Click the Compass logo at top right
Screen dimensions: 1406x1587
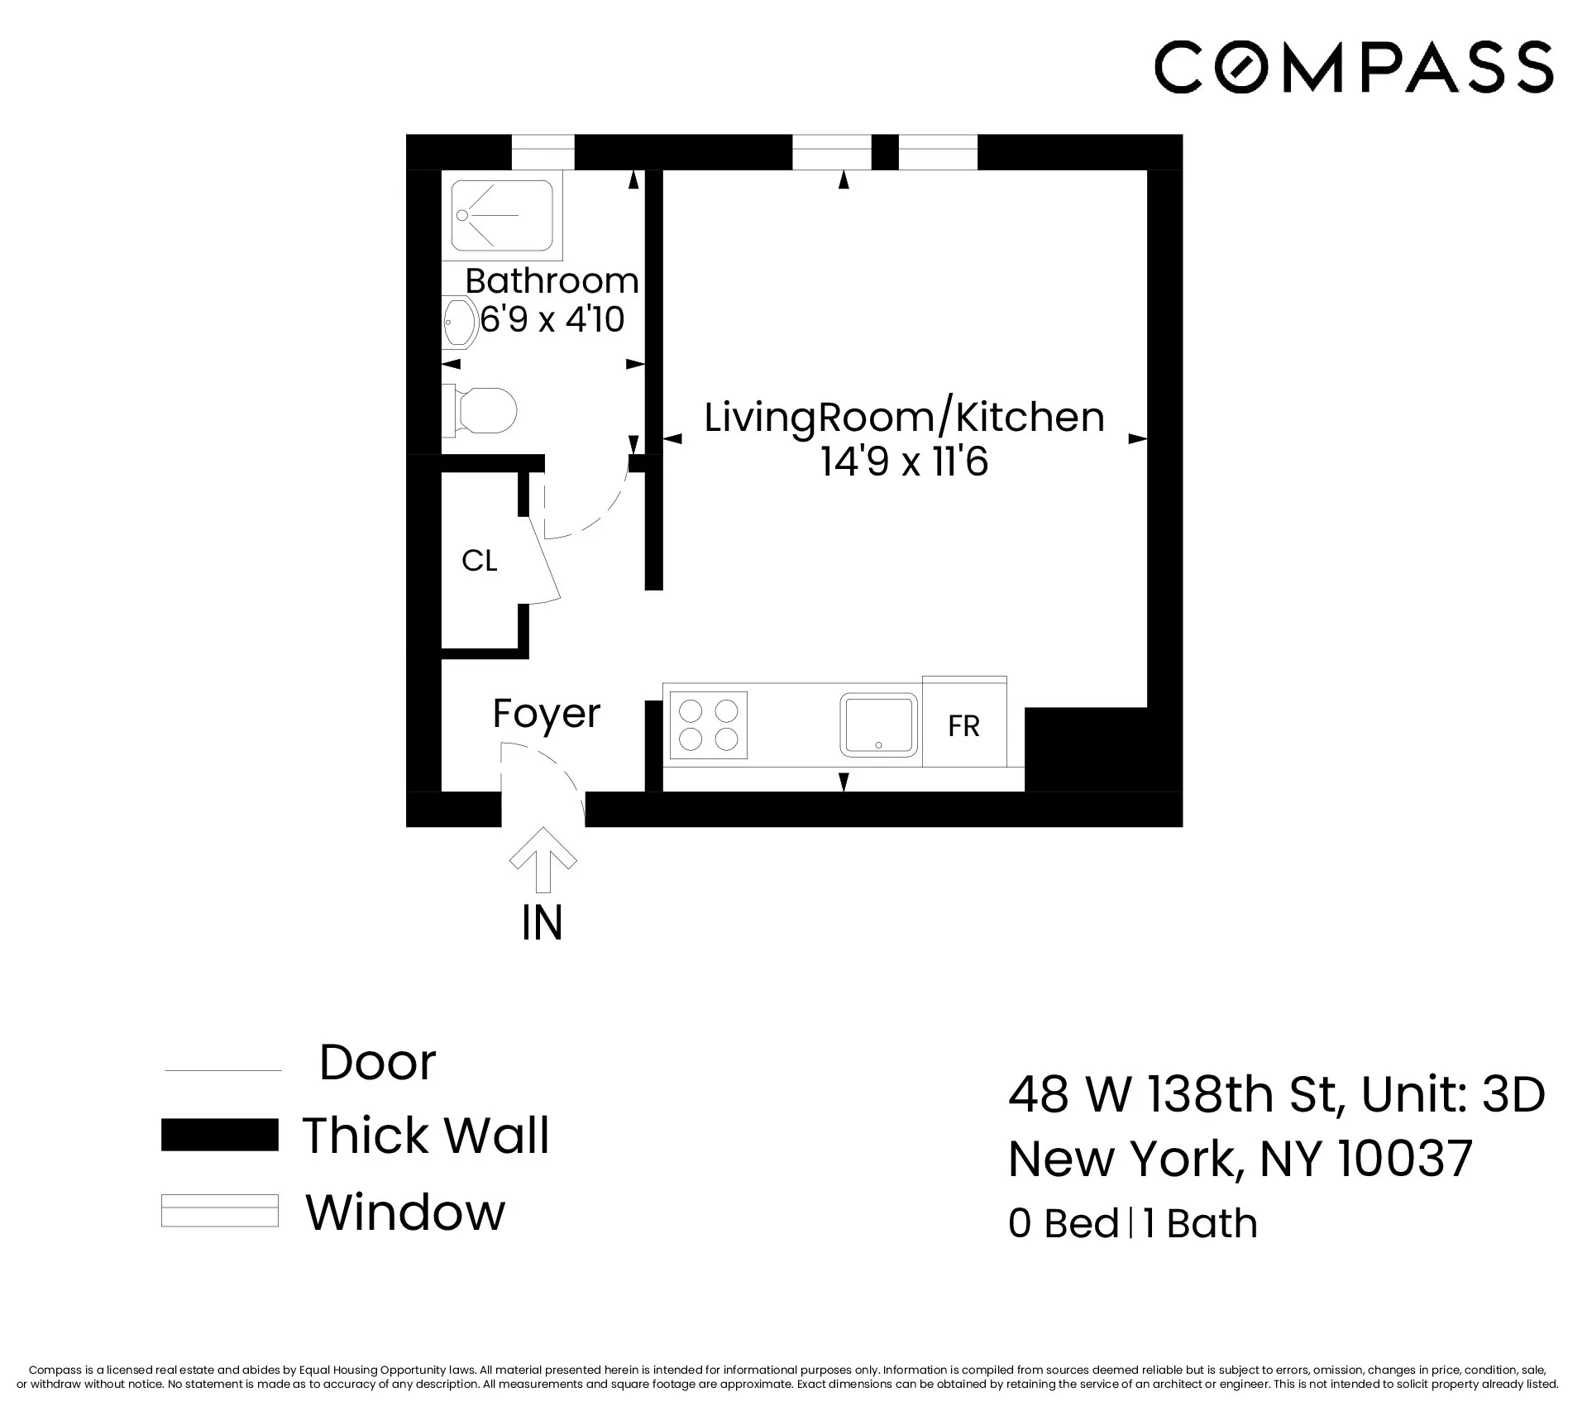(1353, 66)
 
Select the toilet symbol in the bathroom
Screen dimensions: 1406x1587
(484, 410)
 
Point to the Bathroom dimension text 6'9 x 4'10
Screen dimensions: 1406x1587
(552, 320)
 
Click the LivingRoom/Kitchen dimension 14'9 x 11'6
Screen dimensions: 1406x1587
(904, 462)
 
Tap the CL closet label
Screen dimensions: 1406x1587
(479, 562)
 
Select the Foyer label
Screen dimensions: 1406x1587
(546, 714)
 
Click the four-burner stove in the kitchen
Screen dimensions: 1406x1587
(708, 725)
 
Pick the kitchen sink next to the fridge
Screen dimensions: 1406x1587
(879, 725)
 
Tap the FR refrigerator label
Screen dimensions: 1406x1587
(963, 726)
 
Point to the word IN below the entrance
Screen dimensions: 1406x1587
(543, 923)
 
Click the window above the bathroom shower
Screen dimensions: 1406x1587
(543, 152)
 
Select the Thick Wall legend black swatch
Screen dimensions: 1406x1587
(219, 1135)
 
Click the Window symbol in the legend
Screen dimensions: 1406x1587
(219, 1211)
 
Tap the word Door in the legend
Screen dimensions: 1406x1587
(377, 1063)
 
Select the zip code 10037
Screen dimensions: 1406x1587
(1405, 1159)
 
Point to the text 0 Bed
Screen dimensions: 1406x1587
(1063, 1224)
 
